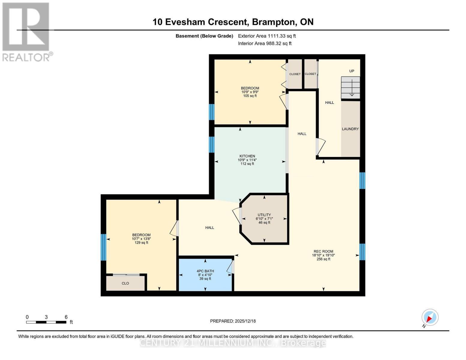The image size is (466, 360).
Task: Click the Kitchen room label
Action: click(x=247, y=156)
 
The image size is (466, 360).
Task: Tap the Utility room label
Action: click(x=264, y=215)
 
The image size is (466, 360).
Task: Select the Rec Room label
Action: click(x=323, y=251)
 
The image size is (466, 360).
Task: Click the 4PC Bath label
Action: click(x=205, y=271)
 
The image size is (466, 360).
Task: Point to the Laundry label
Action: click(x=350, y=129)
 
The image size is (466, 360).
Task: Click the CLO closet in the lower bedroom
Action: click(x=125, y=283)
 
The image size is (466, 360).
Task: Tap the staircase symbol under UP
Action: click(x=350, y=88)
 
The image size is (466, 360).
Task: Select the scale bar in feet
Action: click(x=46, y=322)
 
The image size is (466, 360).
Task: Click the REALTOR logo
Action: click(x=26, y=32)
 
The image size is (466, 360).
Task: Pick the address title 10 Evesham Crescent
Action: click(x=233, y=22)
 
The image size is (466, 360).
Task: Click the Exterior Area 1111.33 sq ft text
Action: click(x=267, y=36)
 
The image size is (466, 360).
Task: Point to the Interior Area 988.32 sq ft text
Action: click(x=265, y=43)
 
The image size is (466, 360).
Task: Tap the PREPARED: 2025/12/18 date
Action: click(x=233, y=321)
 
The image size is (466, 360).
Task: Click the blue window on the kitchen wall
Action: click(x=212, y=145)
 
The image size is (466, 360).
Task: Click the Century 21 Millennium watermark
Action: click(x=233, y=343)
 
